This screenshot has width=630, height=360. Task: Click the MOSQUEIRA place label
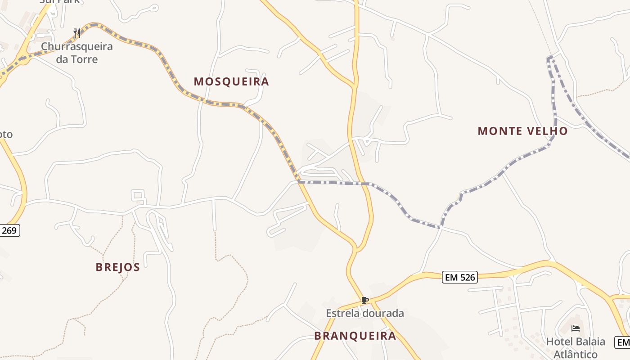click(231, 81)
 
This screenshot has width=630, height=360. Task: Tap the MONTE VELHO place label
click(522, 131)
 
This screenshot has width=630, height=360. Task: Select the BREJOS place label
click(118, 267)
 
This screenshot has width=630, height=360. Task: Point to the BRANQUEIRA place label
click(355, 336)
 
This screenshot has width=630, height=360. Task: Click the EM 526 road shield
click(459, 277)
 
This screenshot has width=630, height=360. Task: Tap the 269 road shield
click(9, 231)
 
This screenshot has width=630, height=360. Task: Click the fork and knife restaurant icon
click(77, 33)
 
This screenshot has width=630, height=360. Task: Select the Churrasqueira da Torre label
click(76, 53)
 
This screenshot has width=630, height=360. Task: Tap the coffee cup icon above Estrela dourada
click(364, 300)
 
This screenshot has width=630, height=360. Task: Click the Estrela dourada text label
click(365, 313)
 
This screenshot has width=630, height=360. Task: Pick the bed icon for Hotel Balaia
click(576, 328)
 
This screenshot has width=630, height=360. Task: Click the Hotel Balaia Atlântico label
click(576, 347)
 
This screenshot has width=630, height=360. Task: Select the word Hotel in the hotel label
click(558, 342)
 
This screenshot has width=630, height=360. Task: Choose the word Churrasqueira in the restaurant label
click(76, 46)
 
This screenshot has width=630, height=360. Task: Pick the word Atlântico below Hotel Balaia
click(576, 354)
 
